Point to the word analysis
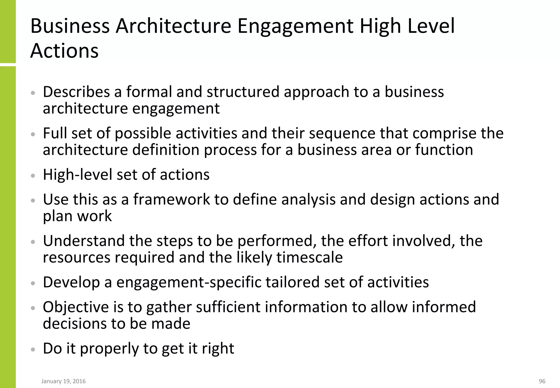308,200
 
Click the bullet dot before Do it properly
33,349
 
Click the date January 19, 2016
63,381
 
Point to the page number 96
542,381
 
